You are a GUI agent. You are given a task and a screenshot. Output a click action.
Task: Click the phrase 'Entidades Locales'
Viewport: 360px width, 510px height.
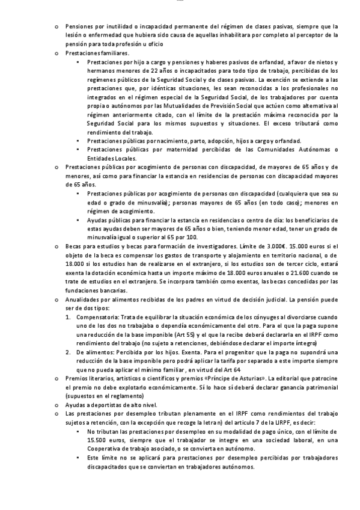(112, 158)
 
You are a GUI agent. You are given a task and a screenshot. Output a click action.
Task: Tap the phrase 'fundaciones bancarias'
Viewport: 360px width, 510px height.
(96, 291)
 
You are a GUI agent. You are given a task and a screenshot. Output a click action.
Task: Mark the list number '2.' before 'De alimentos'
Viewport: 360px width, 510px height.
(69, 352)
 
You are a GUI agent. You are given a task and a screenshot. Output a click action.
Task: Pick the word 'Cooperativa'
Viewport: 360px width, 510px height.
(105, 449)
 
